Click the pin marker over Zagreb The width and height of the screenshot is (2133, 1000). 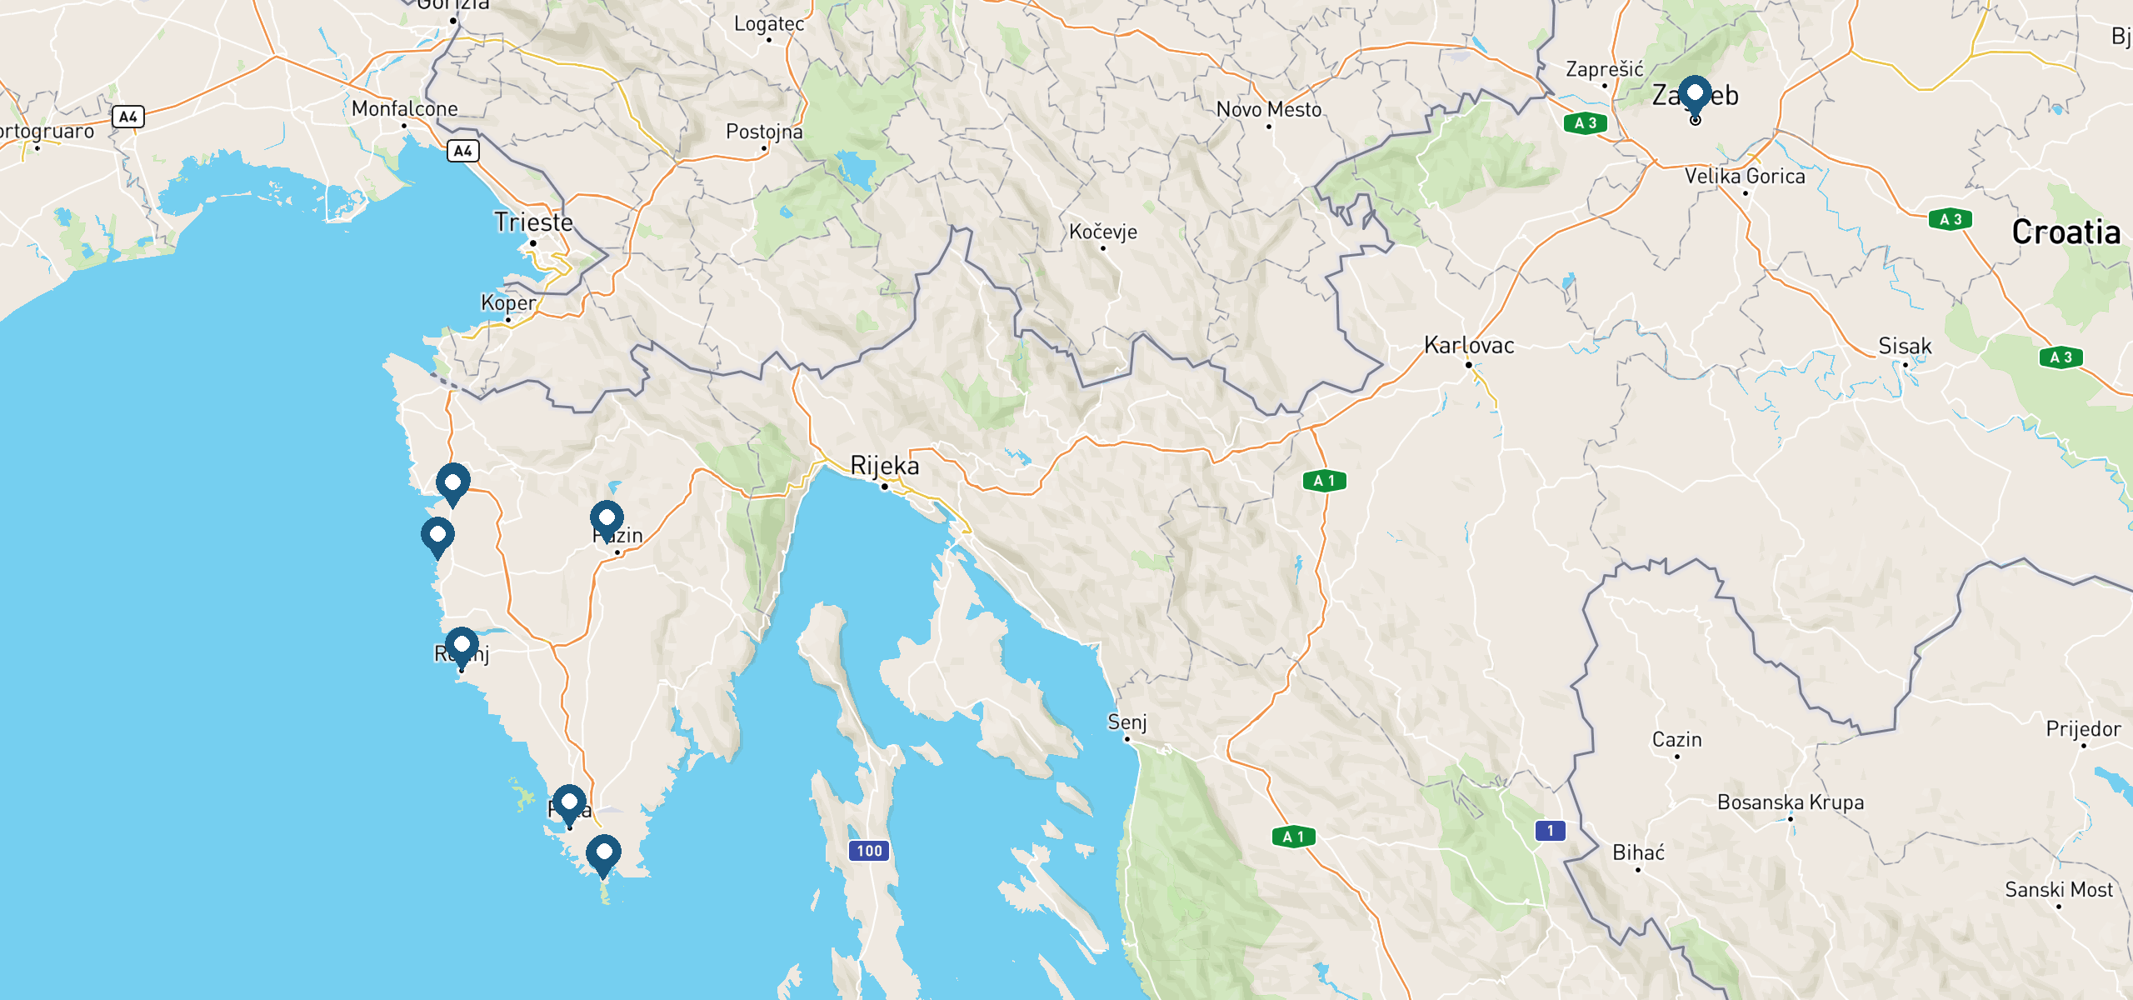[1694, 92]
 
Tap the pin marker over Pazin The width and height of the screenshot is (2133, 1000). [607, 518]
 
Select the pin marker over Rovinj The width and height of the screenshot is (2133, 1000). [462, 645]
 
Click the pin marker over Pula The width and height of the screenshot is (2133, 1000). [569, 802]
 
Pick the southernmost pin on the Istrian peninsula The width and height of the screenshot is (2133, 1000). [603, 852]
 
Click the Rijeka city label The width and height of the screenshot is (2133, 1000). [884, 466]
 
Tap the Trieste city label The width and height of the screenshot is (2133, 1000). [533, 222]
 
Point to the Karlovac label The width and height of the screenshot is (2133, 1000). [1469, 345]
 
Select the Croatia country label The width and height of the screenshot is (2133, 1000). [2066, 232]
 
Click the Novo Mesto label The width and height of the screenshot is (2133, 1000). [1268, 109]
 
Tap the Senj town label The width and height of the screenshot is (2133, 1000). [1126, 722]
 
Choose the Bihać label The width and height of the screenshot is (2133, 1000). [1638, 852]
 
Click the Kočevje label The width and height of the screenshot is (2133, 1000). [1103, 232]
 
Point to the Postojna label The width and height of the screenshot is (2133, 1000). [764, 132]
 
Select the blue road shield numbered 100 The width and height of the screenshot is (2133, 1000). [869, 851]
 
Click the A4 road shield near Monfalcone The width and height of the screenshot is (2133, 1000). [463, 151]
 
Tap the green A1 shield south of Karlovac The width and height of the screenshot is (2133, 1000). [1324, 481]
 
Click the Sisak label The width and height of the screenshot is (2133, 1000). [1905, 346]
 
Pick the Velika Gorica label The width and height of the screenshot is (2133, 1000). [1745, 177]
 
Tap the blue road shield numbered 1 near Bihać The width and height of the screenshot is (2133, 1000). [1550, 830]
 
